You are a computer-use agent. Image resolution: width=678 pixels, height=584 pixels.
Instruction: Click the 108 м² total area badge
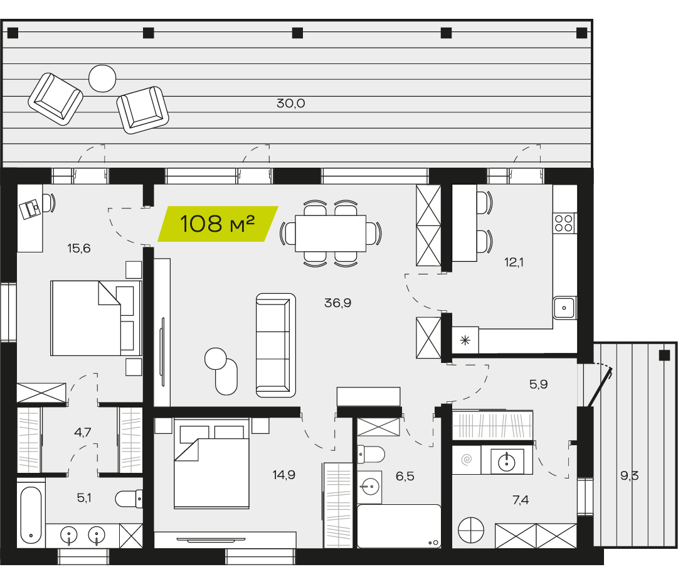[218, 224]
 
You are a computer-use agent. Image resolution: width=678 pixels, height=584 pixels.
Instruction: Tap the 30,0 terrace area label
[290, 104]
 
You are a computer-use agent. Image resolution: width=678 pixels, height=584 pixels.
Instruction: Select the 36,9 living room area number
[337, 303]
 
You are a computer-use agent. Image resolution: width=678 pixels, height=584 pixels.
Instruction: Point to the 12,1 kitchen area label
[514, 262]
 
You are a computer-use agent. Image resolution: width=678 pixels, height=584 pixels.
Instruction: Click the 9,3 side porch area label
[629, 476]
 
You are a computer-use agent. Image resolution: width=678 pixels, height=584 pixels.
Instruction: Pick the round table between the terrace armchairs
[102, 78]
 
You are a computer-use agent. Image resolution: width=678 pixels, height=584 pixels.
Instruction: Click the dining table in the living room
[331, 234]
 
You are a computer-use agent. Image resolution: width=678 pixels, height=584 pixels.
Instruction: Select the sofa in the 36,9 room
[276, 345]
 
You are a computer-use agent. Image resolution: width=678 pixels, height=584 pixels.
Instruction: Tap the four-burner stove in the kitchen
[564, 224]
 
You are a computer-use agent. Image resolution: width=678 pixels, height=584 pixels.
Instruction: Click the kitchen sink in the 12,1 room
[564, 308]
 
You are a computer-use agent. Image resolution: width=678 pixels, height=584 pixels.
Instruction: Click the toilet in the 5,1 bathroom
[129, 499]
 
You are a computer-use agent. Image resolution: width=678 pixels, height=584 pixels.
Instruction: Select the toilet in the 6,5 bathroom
[371, 455]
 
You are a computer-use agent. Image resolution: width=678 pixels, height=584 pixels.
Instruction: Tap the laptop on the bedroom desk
[30, 210]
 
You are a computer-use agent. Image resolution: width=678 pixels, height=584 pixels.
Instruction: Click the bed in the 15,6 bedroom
[96, 318]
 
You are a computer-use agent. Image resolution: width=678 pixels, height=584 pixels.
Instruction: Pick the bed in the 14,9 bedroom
[211, 463]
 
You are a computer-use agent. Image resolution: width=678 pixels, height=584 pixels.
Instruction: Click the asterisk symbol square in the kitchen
[465, 340]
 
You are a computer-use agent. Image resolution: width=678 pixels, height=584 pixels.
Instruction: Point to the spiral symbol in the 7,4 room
[467, 459]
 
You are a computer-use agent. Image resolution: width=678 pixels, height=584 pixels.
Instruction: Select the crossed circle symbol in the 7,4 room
[471, 530]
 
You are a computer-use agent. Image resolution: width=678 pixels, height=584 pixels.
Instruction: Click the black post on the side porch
[664, 355]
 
